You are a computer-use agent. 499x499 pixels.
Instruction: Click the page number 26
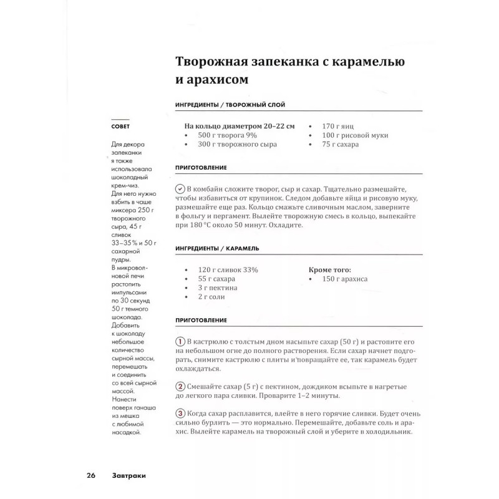click(90, 476)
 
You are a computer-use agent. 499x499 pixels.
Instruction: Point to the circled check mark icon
click(180, 188)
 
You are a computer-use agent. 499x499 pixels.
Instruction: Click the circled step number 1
click(180, 343)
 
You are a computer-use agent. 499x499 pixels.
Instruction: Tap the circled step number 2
click(180, 385)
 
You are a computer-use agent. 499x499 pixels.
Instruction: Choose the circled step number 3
click(180, 414)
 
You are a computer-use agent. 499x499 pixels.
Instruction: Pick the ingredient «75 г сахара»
click(341, 145)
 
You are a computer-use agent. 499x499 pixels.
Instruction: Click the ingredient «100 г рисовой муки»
click(355, 135)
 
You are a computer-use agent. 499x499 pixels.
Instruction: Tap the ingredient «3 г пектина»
click(218, 288)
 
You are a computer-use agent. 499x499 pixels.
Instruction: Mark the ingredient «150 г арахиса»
click(345, 279)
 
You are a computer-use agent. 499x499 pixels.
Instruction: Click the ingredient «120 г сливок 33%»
click(228, 269)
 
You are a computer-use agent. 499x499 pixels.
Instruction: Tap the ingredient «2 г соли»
click(212, 298)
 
